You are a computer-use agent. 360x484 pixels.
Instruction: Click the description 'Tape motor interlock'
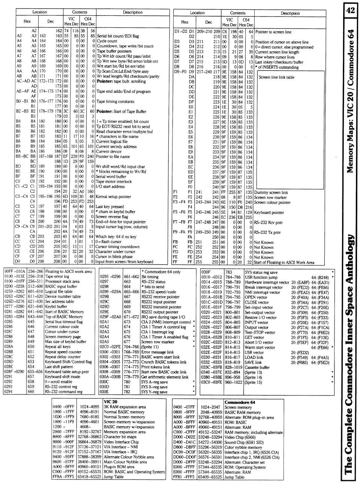[x=114, y=182]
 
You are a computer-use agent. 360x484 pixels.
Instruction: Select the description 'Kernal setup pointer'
[x=114, y=197]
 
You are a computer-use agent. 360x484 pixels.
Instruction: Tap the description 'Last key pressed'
[x=109, y=207]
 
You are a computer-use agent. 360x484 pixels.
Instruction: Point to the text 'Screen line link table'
[x=276, y=77]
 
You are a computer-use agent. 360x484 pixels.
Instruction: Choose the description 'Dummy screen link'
[x=271, y=192]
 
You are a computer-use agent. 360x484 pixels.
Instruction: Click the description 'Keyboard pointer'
[x=269, y=212]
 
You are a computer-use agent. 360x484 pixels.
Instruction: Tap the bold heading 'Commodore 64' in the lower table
[x=240, y=402]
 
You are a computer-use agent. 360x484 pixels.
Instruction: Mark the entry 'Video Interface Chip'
[x=121, y=442]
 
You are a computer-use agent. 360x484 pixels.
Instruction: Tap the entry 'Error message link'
[x=157, y=352]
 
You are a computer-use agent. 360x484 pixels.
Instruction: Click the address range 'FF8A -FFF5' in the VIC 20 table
[x=63, y=477]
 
